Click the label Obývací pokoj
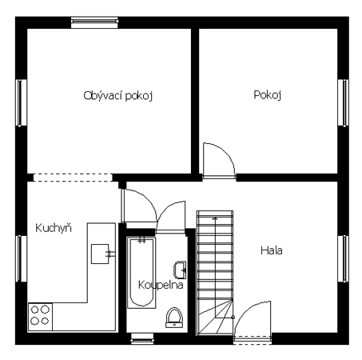[118, 96]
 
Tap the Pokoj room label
[268, 95]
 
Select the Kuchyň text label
[54, 228]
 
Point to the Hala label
[272, 250]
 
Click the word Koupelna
[161, 285]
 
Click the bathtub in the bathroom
[141, 273]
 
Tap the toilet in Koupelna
[174, 318]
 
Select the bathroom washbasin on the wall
[180, 270]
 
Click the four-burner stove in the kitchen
[40, 316]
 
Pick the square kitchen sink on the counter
[100, 254]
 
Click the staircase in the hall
[215, 273]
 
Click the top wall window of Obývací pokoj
[94, 22]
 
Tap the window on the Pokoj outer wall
[344, 102]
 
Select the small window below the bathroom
[142, 339]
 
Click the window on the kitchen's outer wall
[21, 258]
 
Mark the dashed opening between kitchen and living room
[73, 178]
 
